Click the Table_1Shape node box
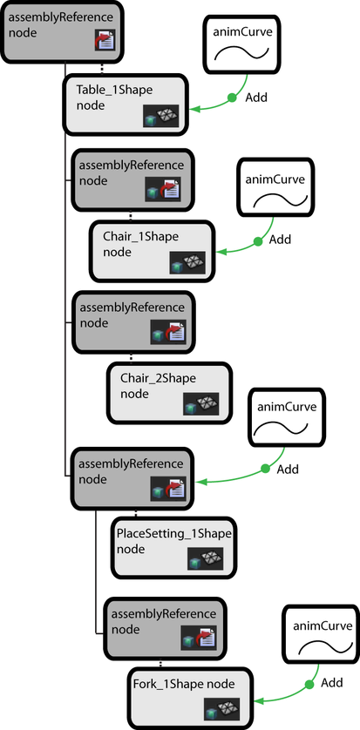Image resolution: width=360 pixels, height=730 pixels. (x=125, y=105)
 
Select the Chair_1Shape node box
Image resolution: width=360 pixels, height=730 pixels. (x=153, y=251)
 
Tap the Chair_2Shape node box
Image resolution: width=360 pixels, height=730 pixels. (x=170, y=393)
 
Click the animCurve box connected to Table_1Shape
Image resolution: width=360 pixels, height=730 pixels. (x=241, y=44)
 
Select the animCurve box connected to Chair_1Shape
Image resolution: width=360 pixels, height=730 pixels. (x=275, y=187)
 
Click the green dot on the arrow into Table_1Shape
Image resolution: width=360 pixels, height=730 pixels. (x=232, y=98)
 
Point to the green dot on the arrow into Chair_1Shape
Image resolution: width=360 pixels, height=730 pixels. (x=257, y=241)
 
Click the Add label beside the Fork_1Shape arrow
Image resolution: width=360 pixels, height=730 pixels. (x=332, y=682)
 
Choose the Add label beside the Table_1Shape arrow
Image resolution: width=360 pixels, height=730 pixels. (x=256, y=98)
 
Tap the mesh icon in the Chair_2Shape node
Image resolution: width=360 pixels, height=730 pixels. (x=201, y=403)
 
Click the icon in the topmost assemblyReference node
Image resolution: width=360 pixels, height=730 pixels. (x=105, y=39)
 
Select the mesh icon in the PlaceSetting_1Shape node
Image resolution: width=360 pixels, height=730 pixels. (x=205, y=558)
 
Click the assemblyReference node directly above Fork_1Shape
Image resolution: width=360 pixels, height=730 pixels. (x=165, y=628)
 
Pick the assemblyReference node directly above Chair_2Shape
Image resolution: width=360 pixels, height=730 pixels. (x=133, y=322)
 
